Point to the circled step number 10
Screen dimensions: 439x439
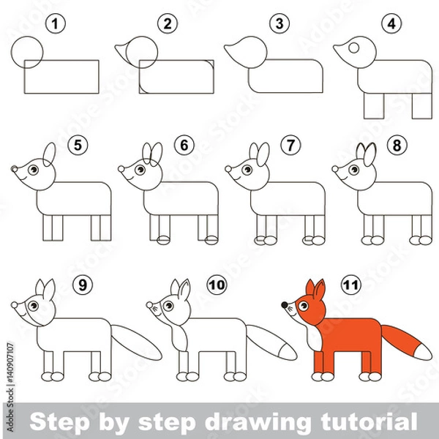tap(215, 282)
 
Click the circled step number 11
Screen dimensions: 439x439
tap(348, 282)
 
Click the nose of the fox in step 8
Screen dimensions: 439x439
tap(336, 170)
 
